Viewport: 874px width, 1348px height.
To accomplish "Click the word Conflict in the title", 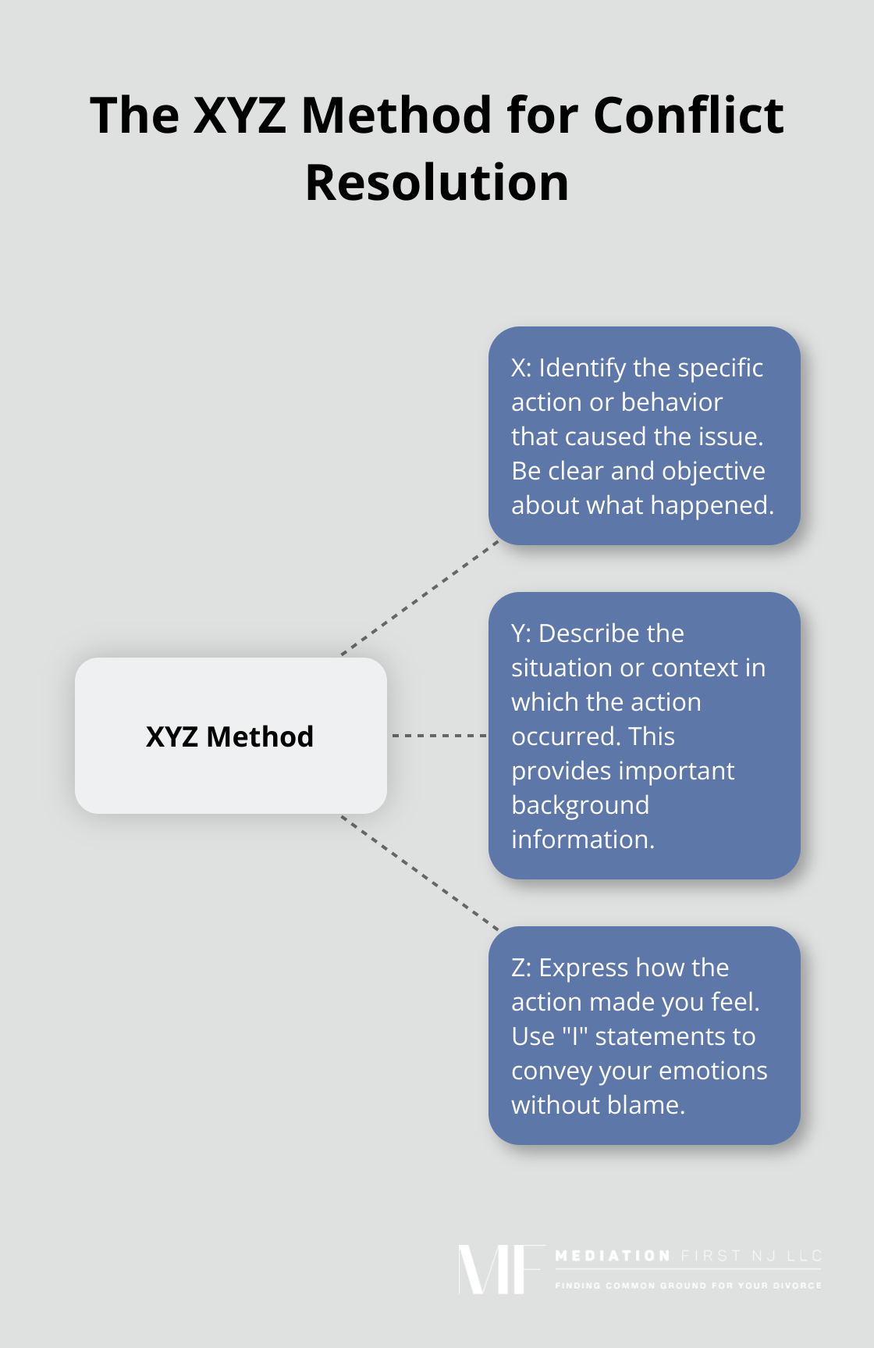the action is point(688,116).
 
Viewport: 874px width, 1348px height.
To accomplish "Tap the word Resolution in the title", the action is point(437,183).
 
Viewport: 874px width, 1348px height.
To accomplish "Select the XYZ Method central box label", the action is point(229,736).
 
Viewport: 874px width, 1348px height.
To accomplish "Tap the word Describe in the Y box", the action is point(611,633).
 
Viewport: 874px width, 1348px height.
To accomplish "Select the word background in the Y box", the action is point(581,805).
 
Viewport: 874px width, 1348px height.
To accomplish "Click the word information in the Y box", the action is point(583,840).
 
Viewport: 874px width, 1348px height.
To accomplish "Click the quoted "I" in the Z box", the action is point(575,1036).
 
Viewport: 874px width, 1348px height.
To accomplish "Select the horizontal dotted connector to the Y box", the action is point(439,736).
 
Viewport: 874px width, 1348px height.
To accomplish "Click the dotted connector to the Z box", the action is point(420,873).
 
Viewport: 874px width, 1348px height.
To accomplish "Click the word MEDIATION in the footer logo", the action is point(613,1256).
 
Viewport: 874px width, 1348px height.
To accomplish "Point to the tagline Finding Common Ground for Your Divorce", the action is point(688,1285).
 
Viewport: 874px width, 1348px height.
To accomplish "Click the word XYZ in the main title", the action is point(240,116).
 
